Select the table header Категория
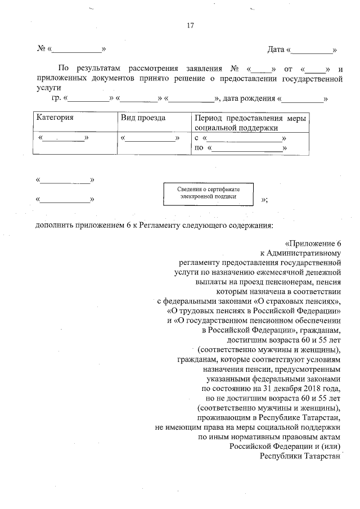click(x=55, y=118)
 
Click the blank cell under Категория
click(x=64, y=138)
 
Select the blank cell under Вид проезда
click(x=150, y=138)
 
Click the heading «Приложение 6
click(x=313, y=244)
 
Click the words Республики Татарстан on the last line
click(x=300, y=456)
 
